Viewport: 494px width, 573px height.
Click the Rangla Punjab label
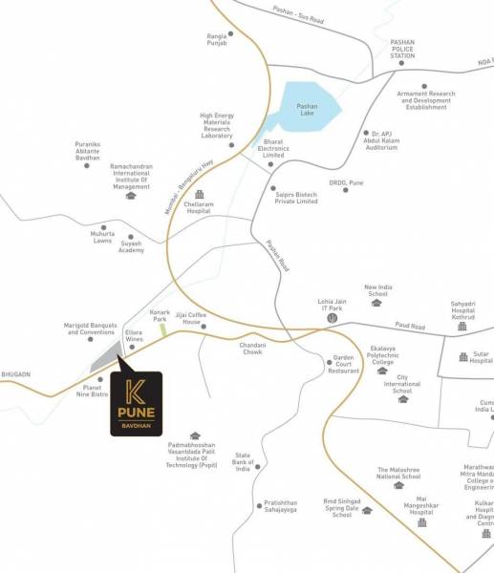[x=218, y=39]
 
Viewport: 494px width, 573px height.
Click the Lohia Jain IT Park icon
[x=332, y=320]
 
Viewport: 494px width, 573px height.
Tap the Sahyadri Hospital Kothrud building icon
[x=462, y=327]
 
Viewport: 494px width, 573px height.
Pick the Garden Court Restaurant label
[x=344, y=365]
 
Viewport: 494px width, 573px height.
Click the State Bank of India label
[x=243, y=462]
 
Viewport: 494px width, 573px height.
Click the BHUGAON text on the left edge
[x=16, y=375]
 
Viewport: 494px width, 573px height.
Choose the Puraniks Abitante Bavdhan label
[x=88, y=150]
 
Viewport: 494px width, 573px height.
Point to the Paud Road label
[x=411, y=327]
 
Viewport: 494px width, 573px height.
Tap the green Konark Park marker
[x=163, y=329]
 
